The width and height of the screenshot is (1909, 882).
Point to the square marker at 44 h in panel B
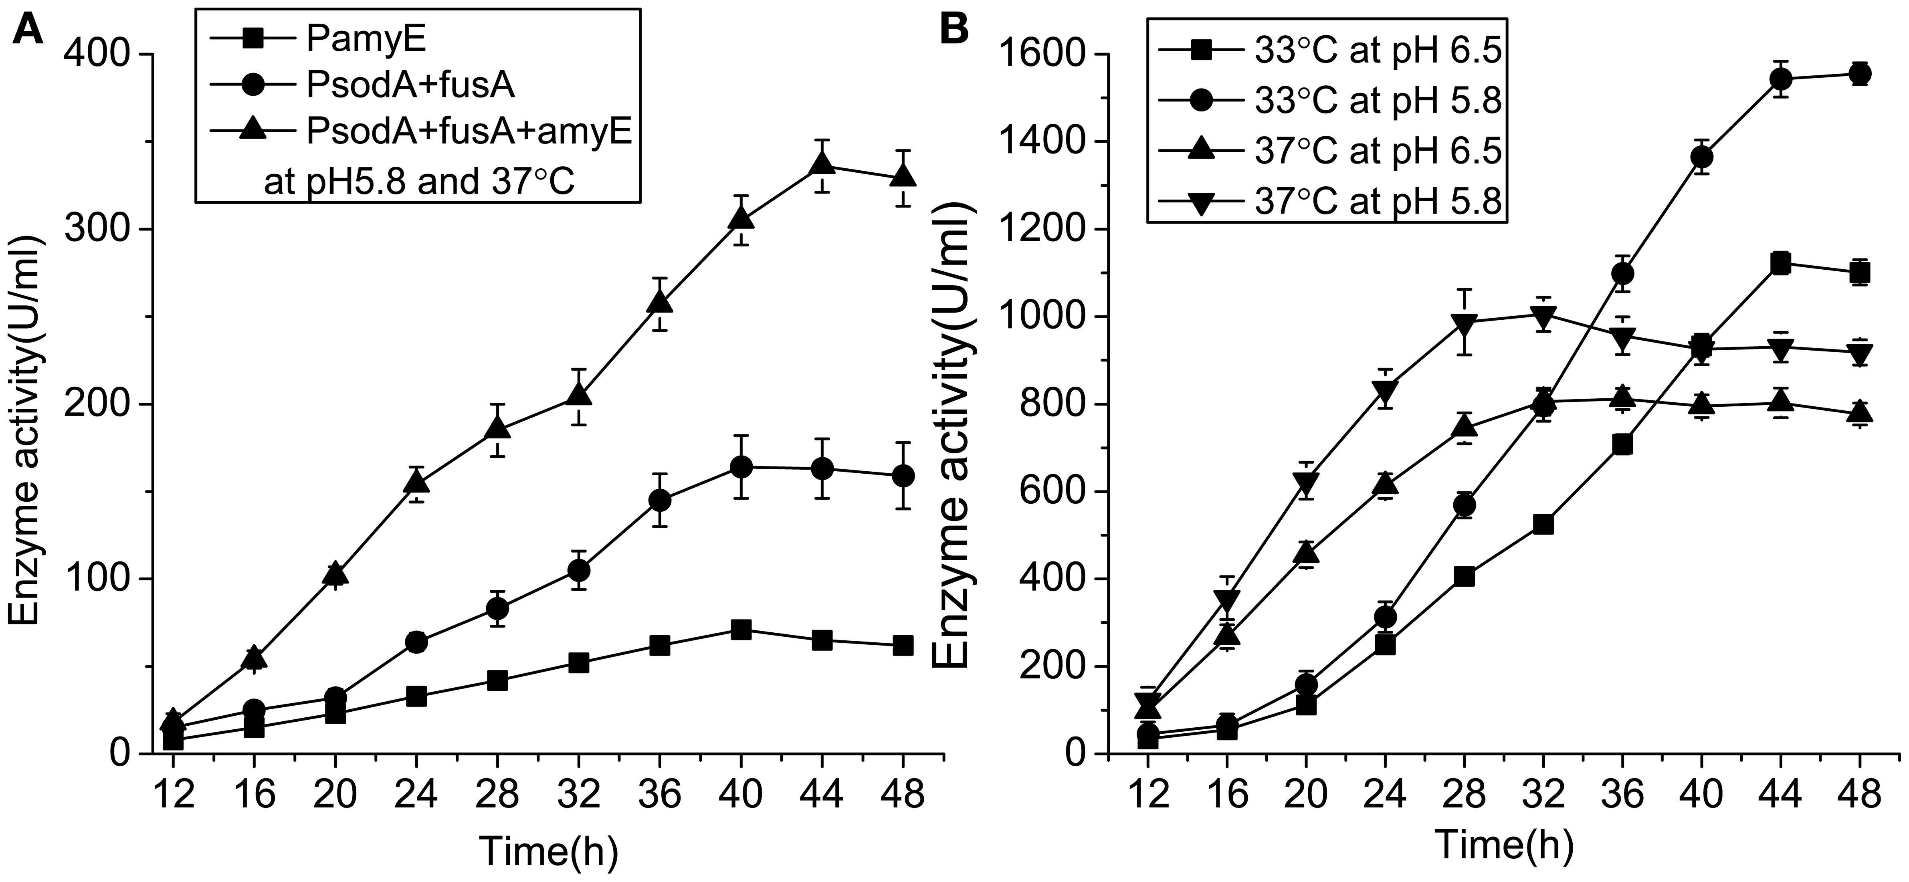(x=1780, y=263)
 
